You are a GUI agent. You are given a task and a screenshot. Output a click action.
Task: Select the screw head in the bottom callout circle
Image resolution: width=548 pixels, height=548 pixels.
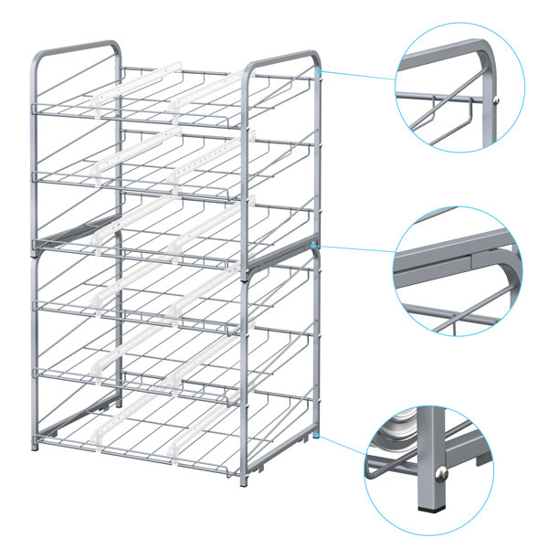[441, 472]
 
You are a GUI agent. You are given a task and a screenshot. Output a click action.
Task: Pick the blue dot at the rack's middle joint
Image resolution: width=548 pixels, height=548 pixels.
[313, 246]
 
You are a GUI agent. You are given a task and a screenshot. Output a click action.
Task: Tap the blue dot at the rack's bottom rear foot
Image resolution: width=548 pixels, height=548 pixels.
[317, 437]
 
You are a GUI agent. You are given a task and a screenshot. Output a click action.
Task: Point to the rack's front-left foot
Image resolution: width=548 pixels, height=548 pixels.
[37, 444]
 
